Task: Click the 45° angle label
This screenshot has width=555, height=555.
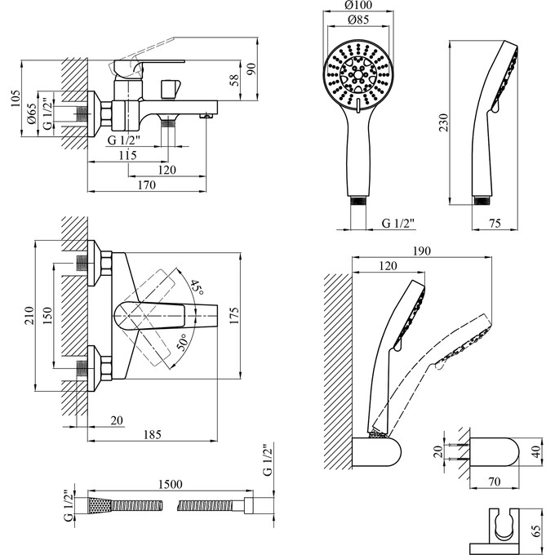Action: [x=196, y=286]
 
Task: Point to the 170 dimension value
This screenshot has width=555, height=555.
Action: [x=146, y=185]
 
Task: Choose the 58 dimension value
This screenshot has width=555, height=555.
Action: [x=234, y=79]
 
